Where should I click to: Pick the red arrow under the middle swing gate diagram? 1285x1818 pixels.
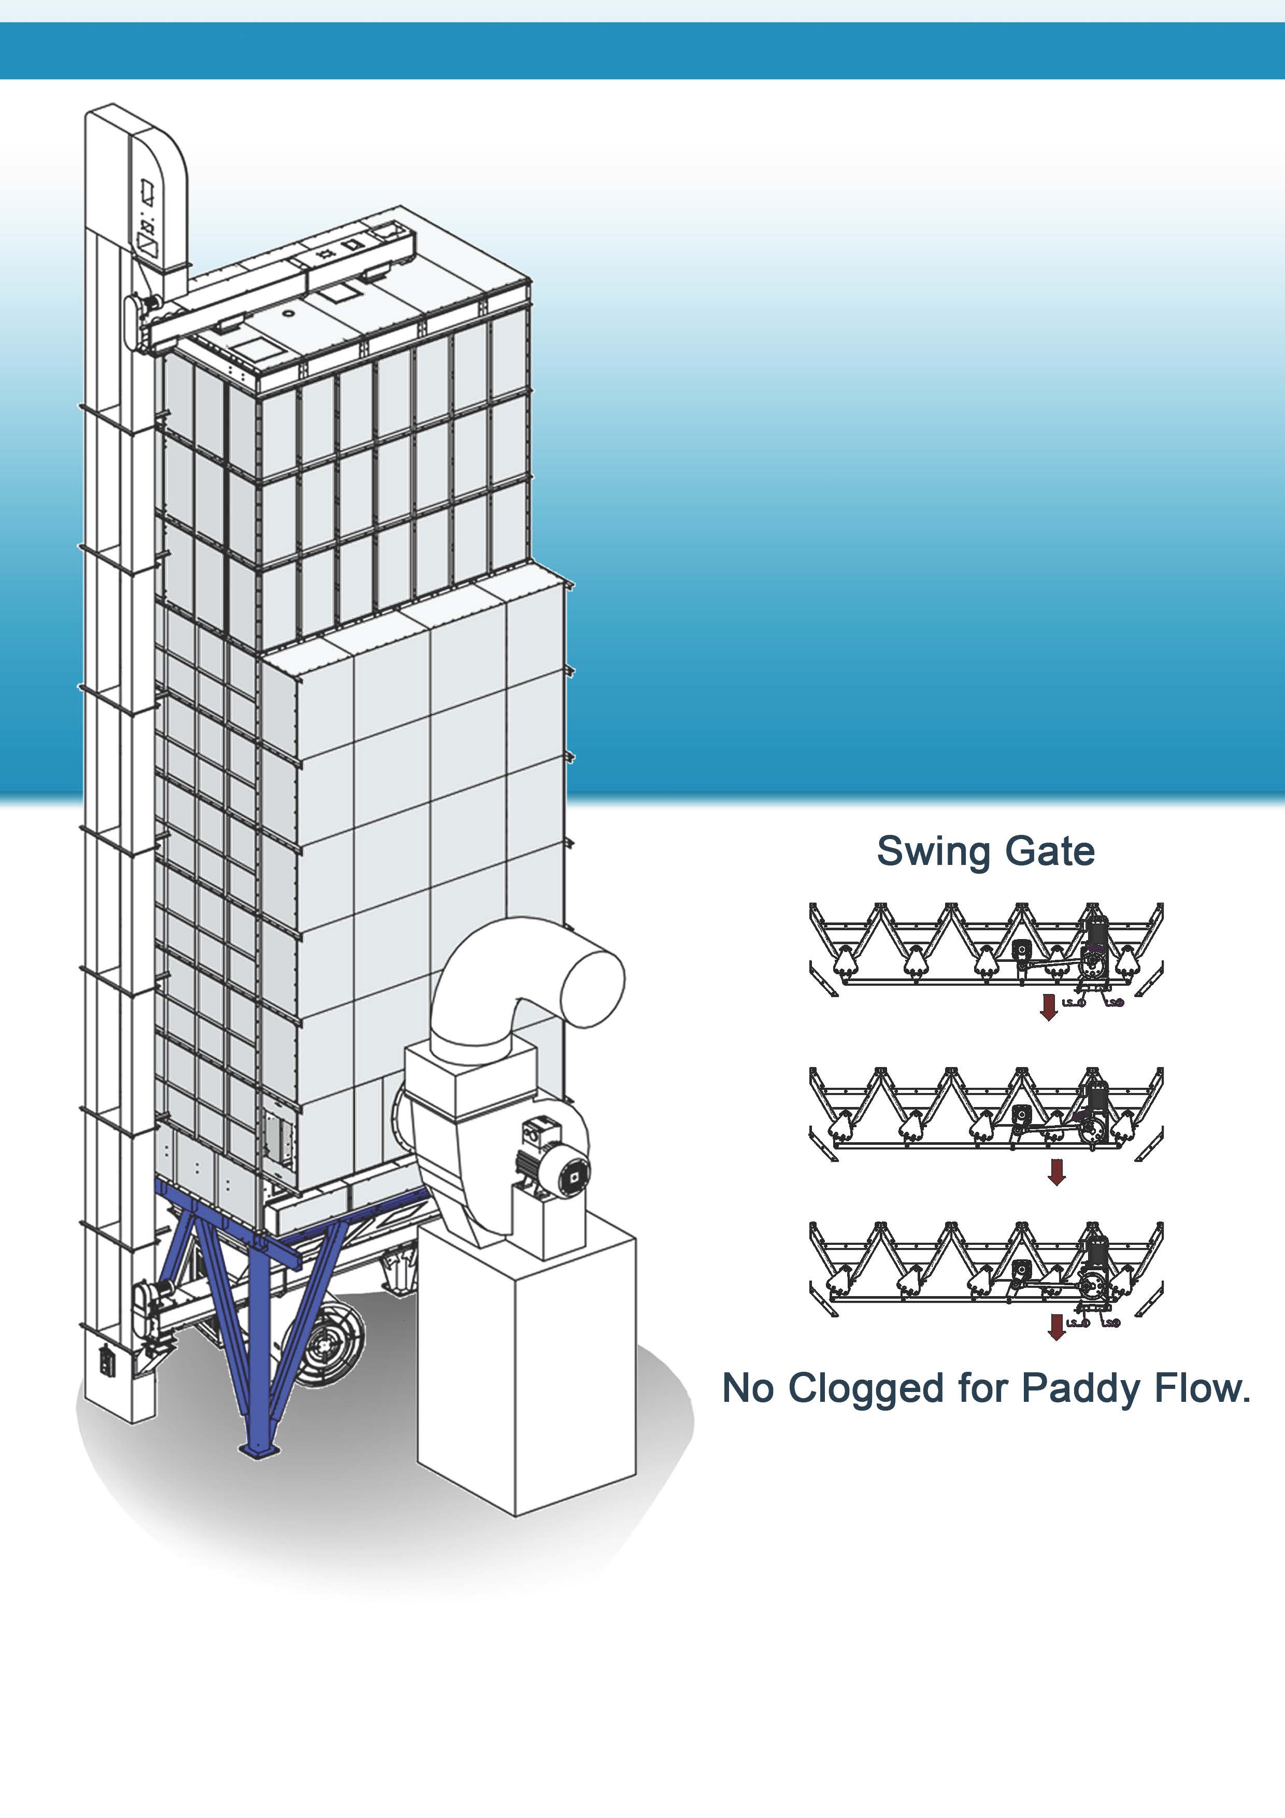[x=1056, y=1172]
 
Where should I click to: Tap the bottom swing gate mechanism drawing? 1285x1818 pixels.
[x=986, y=1267]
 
